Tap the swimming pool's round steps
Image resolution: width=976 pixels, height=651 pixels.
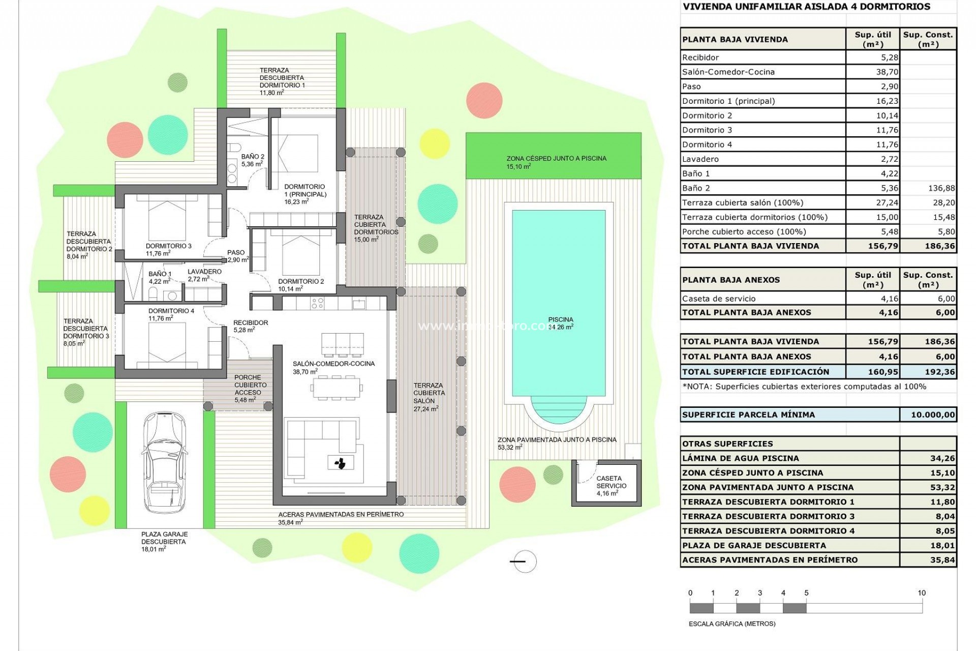(559, 413)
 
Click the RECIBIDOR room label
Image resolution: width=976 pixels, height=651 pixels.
(250, 322)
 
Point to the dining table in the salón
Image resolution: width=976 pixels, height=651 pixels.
(336, 389)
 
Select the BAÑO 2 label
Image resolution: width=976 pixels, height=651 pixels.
(253, 157)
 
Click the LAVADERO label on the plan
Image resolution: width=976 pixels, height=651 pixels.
(204, 272)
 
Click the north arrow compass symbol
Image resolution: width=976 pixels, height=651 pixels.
(524, 561)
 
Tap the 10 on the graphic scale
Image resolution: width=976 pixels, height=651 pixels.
(921, 593)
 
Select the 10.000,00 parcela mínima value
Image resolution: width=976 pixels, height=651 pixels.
(932, 415)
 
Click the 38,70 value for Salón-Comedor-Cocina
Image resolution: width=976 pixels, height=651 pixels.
(887, 72)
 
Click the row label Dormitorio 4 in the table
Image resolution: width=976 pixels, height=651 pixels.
(707, 144)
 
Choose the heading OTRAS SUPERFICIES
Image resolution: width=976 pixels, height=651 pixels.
(727, 443)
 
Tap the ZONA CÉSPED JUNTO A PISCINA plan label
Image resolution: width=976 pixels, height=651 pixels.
(556, 158)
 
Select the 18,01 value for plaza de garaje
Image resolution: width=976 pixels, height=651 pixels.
(942, 545)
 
